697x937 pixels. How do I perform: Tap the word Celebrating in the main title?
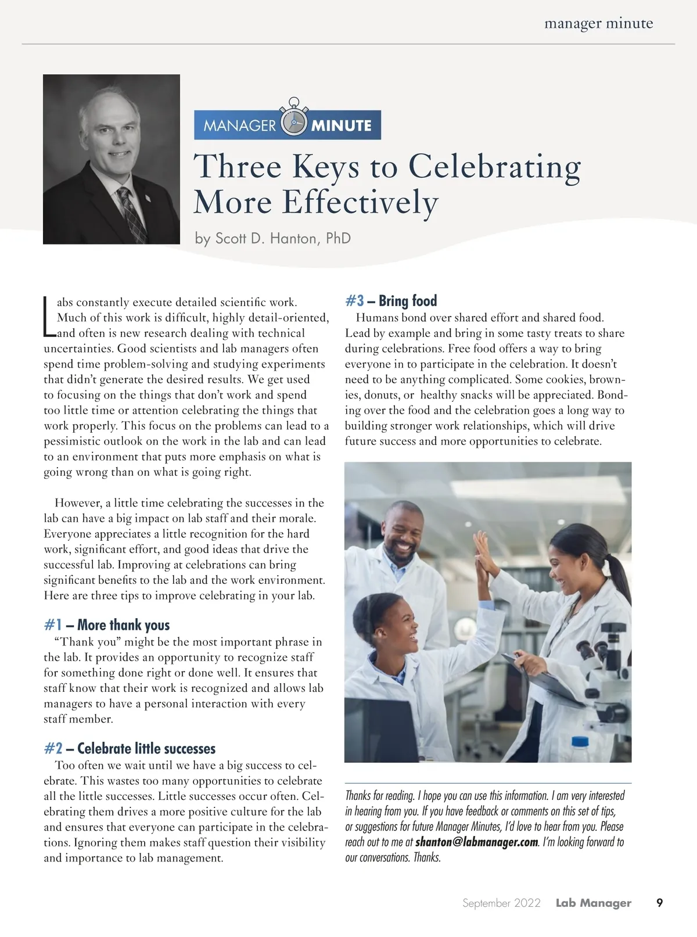pyautogui.click(x=494, y=167)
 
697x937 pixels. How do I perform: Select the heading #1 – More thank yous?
pyautogui.click(x=107, y=625)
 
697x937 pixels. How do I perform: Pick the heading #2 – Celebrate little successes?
pyautogui.click(x=130, y=748)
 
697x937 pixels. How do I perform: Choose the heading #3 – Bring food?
pyautogui.click(x=391, y=301)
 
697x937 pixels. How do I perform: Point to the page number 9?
pyautogui.click(x=659, y=903)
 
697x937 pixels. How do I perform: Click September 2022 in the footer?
pyautogui.click(x=501, y=903)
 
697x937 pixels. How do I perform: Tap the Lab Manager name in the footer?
pyautogui.click(x=593, y=903)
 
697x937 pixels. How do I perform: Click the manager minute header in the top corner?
pyautogui.click(x=598, y=24)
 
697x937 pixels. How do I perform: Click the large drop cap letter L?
pyautogui.click(x=49, y=317)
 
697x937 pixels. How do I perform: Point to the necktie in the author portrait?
pyautogui.click(x=131, y=215)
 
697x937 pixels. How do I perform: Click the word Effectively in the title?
pyautogui.click(x=360, y=203)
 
